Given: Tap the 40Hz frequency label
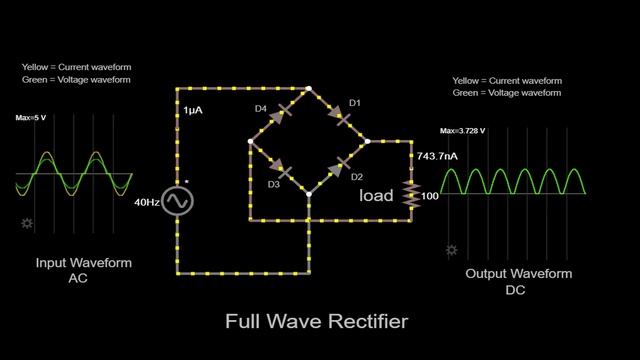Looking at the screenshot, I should click(x=147, y=202).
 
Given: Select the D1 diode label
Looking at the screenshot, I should click(x=354, y=103).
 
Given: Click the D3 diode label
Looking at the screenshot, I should click(x=273, y=183).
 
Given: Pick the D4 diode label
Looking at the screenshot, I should click(x=260, y=109).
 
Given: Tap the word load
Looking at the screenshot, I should click(x=376, y=195).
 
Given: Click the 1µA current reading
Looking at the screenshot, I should click(x=193, y=111).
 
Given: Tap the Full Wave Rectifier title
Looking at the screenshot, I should click(x=317, y=322).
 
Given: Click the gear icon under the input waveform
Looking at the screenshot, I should click(x=27, y=223).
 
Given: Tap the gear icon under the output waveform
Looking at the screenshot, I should click(x=452, y=251).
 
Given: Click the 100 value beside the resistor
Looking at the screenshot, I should click(x=431, y=195).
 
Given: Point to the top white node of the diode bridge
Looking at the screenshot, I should click(x=310, y=90).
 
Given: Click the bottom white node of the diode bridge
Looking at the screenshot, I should click(x=310, y=194).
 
